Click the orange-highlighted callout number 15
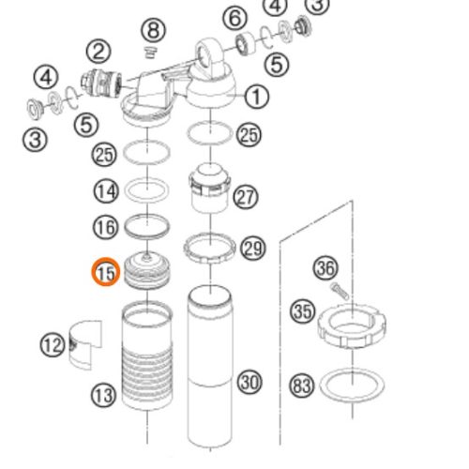tap(105, 274)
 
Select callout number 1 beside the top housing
tap(258, 96)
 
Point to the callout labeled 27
tap(246, 198)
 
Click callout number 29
tap(252, 248)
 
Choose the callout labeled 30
tap(249, 382)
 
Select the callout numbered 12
tap(52, 346)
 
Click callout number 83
tap(302, 386)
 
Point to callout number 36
tap(325, 269)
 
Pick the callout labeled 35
tap(302, 311)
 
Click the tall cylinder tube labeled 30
tap(208, 366)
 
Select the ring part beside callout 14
tap(146, 190)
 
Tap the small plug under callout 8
tap(149, 51)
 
